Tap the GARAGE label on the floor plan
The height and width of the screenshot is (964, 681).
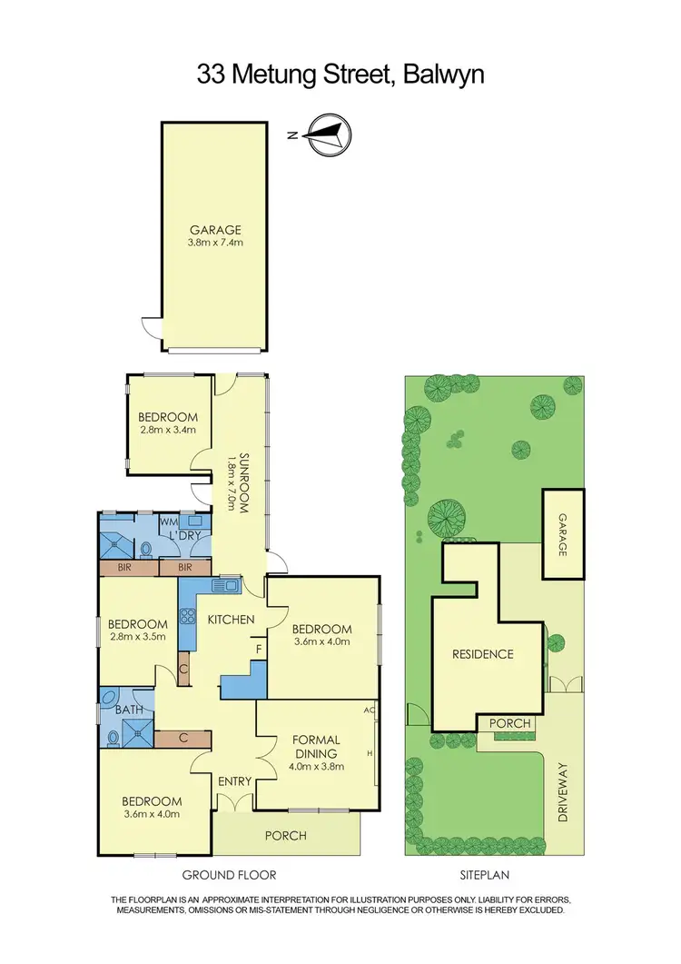(x=215, y=231)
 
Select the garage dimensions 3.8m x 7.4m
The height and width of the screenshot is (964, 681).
(x=215, y=243)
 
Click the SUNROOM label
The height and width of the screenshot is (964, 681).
(x=243, y=482)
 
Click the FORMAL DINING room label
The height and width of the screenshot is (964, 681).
(x=316, y=746)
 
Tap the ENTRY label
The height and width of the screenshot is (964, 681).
(x=235, y=780)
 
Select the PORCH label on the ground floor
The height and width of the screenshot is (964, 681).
(x=285, y=836)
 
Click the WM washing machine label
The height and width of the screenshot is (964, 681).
(x=168, y=522)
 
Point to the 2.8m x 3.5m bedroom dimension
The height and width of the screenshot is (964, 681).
(x=138, y=637)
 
